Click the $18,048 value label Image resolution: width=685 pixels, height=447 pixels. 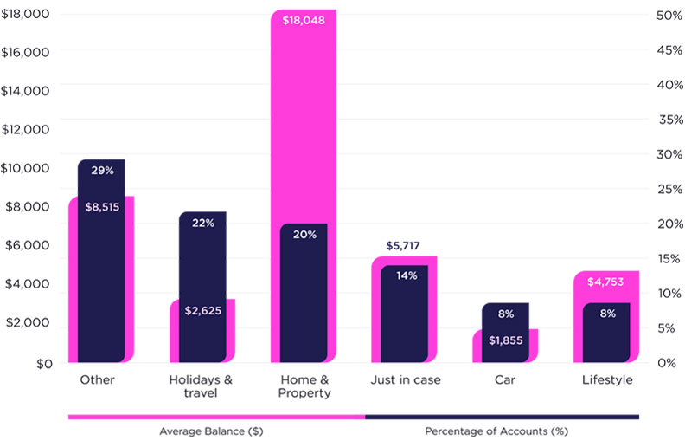[x=304, y=20]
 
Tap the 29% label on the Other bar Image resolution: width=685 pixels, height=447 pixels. [x=102, y=171]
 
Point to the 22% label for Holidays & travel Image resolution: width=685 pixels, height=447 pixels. [x=203, y=223]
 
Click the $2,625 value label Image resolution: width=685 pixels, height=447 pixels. [x=203, y=310]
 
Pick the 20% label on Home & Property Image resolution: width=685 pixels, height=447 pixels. [x=304, y=234]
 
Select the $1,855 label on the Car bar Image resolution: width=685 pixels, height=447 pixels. [x=505, y=340]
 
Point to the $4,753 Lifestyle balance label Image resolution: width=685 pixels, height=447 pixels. [x=605, y=282]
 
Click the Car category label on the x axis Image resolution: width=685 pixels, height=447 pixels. [x=505, y=379]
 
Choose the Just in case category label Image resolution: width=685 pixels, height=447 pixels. [x=404, y=379]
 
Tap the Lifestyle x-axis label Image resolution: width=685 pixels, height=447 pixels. [x=605, y=379]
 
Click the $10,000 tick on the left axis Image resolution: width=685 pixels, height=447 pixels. [x=26, y=167]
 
